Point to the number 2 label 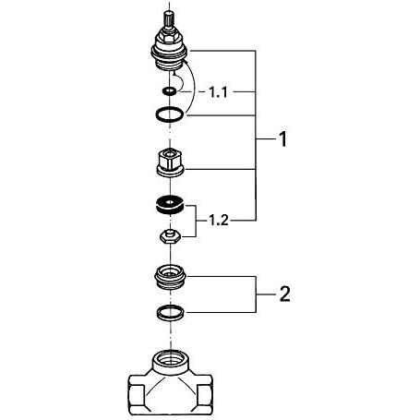pos(285,295)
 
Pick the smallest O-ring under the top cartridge pos(167,91)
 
